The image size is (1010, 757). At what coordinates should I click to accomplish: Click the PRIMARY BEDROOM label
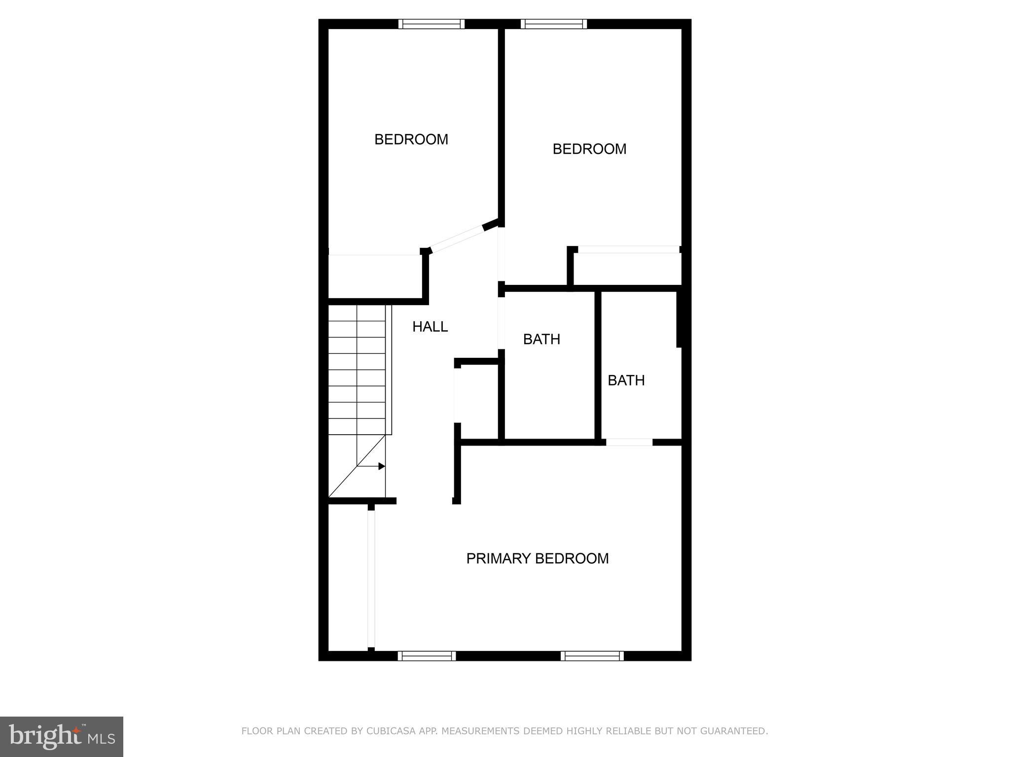(537, 558)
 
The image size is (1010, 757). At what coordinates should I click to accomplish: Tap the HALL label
(430, 327)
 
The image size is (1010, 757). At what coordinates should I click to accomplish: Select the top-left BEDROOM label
(411, 139)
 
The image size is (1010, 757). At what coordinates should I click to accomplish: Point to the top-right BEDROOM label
(589, 149)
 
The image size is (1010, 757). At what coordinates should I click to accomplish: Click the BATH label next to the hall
(541, 339)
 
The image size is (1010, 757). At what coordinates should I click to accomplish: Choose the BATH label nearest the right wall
(626, 380)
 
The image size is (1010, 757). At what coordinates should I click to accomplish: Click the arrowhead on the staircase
(381, 466)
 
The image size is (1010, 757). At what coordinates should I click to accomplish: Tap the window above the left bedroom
(432, 24)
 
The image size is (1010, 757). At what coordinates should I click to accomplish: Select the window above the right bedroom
(553, 24)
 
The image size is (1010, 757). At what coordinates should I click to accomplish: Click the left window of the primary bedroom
(427, 655)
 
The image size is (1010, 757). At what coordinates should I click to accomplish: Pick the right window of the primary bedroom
(592, 655)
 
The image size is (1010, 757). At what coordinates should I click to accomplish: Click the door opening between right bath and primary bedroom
(629, 442)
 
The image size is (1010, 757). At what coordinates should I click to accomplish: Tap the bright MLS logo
(62, 737)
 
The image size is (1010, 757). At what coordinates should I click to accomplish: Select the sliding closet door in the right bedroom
(628, 250)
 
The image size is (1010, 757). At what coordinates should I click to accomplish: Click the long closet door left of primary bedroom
(371, 579)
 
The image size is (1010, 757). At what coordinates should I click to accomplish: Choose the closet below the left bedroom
(375, 276)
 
